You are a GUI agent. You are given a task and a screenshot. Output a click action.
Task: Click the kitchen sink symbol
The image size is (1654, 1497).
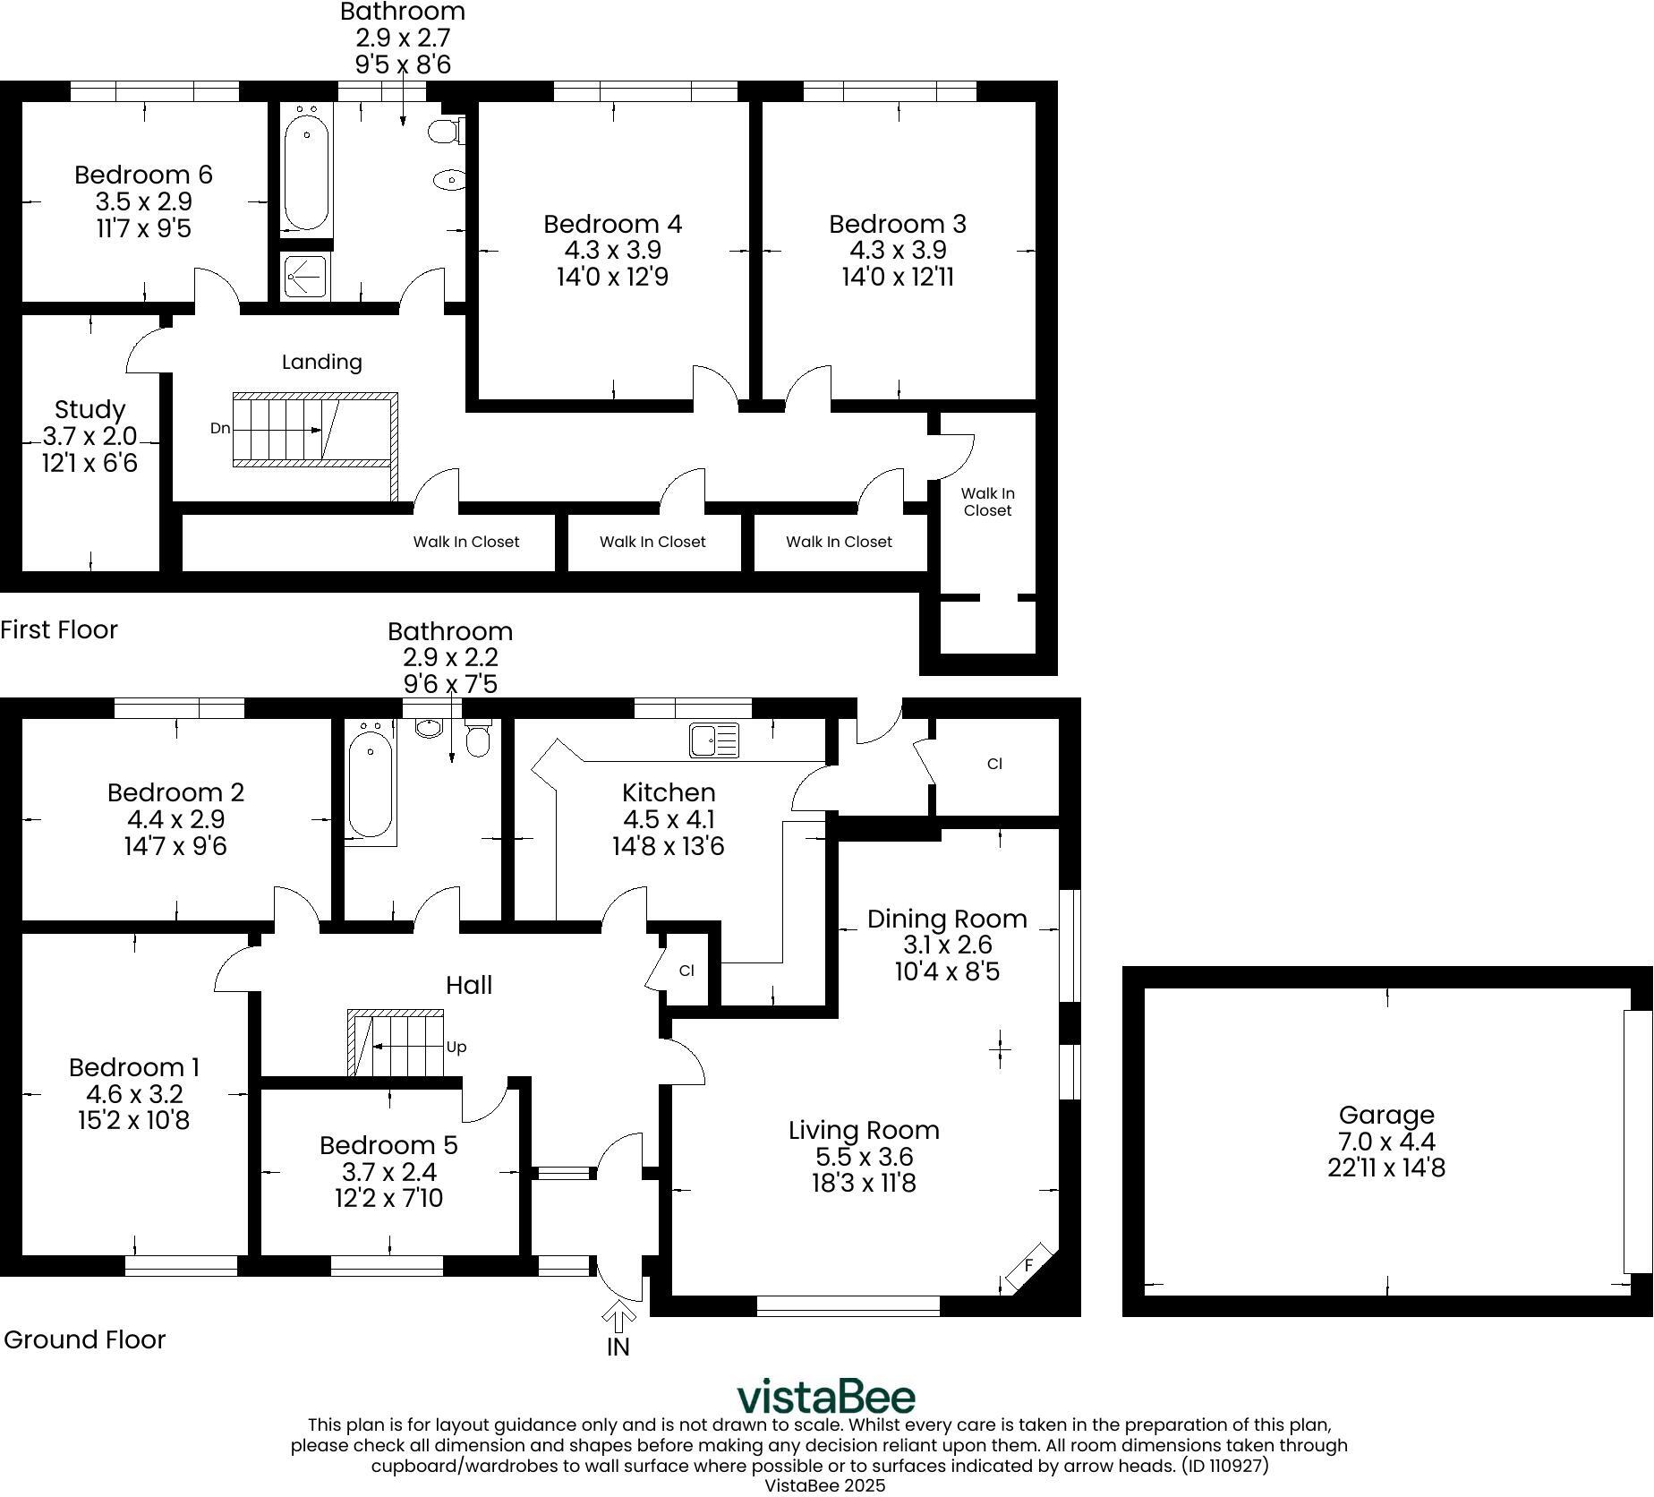pyautogui.click(x=714, y=740)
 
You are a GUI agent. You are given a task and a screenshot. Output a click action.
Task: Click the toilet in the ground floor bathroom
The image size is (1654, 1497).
pyautogui.click(x=479, y=738)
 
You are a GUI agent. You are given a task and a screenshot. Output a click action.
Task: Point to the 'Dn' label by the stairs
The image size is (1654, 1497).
pyautogui.click(x=220, y=429)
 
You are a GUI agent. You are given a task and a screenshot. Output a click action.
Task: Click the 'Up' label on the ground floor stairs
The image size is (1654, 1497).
pyautogui.click(x=456, y=1047)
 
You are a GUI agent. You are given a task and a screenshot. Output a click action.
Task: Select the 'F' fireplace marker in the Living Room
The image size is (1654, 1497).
pyautogui.click(x=1029, y=1265)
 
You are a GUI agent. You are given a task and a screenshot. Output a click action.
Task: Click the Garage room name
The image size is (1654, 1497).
pyautogui.click(x=1385, y=1115)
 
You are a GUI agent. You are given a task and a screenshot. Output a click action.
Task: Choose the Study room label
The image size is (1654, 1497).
pyautogui.click(x=90, y=410)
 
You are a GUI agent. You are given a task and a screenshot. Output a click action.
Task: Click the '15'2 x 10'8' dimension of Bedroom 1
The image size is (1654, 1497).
pyautogui.click(x=134, y=1120)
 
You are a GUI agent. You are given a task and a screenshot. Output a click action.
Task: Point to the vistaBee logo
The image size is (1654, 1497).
pyautogui.click(x=825, y=1396)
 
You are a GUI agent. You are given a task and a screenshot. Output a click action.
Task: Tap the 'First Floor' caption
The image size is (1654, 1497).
pyautogui.click(x=59, y=629)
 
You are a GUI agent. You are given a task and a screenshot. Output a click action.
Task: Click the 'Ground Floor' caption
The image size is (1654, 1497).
pyautogui.click(x=85, y=1339)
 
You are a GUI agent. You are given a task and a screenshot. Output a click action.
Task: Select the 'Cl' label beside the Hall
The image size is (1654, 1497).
pyautogui.click(x=686, y=971)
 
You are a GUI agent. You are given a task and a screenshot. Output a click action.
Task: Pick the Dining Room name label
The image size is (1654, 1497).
pyautogui.click(x=946, y=919)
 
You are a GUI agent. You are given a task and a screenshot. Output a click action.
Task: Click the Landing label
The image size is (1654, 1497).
pyautogui.click(x=321, y=362)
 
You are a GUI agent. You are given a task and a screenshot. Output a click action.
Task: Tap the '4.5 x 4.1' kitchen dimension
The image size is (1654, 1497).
pyautogui.click(x=669, y=819)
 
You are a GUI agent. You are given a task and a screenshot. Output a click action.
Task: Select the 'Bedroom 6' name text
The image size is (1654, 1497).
pyautogui.click(x=143, y=175)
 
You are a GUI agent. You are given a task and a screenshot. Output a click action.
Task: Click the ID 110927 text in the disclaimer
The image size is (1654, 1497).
pyautogui.click(x=1224, y=1466)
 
